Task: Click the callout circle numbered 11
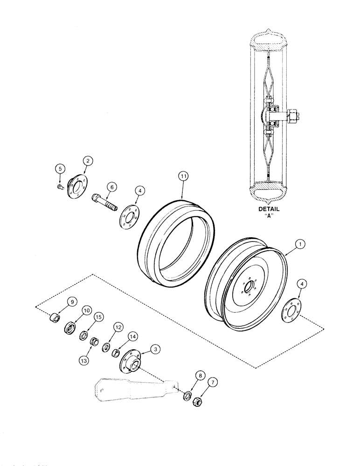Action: click(184, 177)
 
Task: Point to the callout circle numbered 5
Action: click(60, 168)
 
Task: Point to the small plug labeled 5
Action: click(59, 186)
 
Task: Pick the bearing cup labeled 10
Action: click(70, 327)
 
